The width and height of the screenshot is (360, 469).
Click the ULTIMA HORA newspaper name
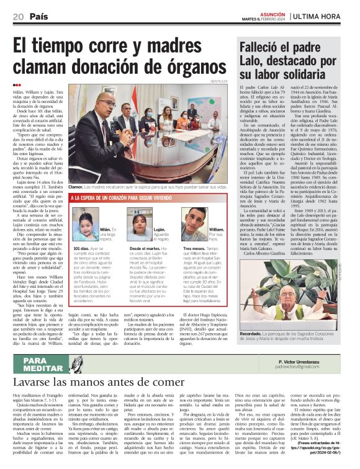click(x=321, y=17)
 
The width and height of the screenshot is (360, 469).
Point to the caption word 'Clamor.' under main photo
click(x=76, y=187)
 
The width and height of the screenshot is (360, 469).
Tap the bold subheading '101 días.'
click(x=81, y=248)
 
